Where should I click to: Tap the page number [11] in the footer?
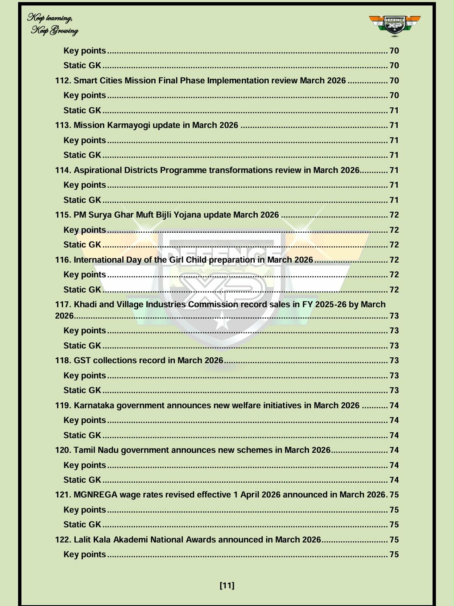[227, 585]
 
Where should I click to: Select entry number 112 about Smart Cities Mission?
[200, 80]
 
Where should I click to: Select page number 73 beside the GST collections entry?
[394, 360]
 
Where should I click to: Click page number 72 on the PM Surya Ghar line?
[394, 215]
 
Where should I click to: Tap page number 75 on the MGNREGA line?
[394, 494]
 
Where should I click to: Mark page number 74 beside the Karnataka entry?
[394, 405]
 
